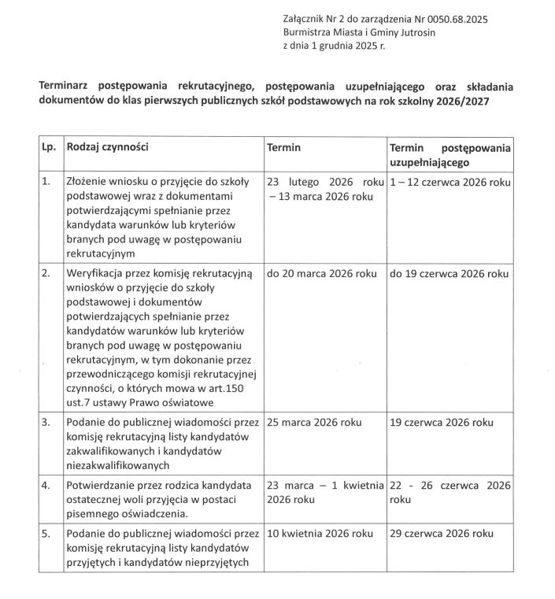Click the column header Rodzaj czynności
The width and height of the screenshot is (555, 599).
tap(108, 147)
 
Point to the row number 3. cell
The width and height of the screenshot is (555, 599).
tap(46, 422)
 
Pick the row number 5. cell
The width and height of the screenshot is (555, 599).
tap(46, 534)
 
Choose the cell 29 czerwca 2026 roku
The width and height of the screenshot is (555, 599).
tap(442, 534)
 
